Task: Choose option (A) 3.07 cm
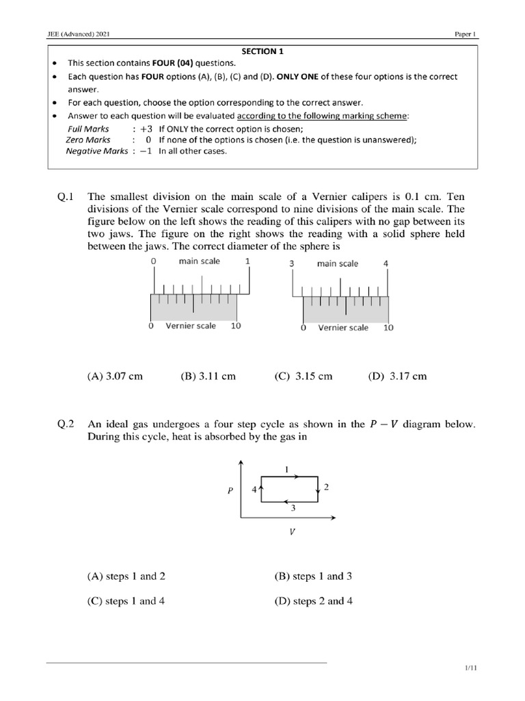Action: (115, 376)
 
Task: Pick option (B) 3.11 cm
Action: (208, 376)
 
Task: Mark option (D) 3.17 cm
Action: (396, 376)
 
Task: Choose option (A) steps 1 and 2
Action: (126, 576)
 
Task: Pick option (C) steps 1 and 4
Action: (126, 601)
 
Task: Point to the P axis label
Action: (232, 491)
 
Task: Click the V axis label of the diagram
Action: (292, 531)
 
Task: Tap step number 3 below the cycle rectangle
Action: (293, 509)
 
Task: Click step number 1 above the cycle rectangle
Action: (286, 469)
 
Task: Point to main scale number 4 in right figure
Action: (386, 264)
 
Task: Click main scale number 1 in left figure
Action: (247, 262)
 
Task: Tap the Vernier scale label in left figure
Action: (190, 326)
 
